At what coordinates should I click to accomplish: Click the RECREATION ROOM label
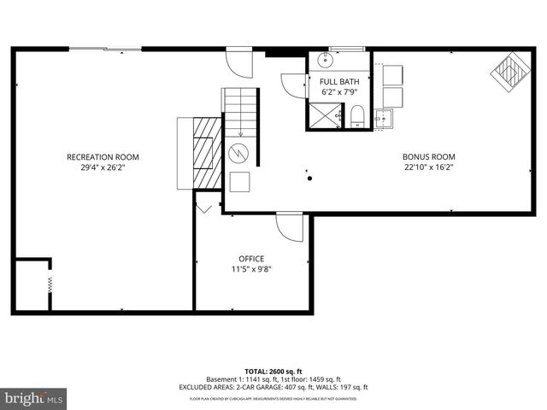(x=103, y=156)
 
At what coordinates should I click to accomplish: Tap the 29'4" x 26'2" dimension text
(x=103, y=167)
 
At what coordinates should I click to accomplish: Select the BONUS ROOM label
(x=428, y=156)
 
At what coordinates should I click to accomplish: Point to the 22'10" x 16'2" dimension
(x=428, y=167)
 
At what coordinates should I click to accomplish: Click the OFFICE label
(x=251, y=258)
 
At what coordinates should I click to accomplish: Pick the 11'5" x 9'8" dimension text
(x=251, y=269)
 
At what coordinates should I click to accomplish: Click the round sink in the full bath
(x=324, y=61)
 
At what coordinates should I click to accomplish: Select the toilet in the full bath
(x=356, y=115)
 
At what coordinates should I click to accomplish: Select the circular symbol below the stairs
(x=239, y=154)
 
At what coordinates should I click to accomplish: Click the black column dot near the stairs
(x=309, y=178)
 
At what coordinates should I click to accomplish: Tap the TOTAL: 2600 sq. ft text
(x=273, y=371)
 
